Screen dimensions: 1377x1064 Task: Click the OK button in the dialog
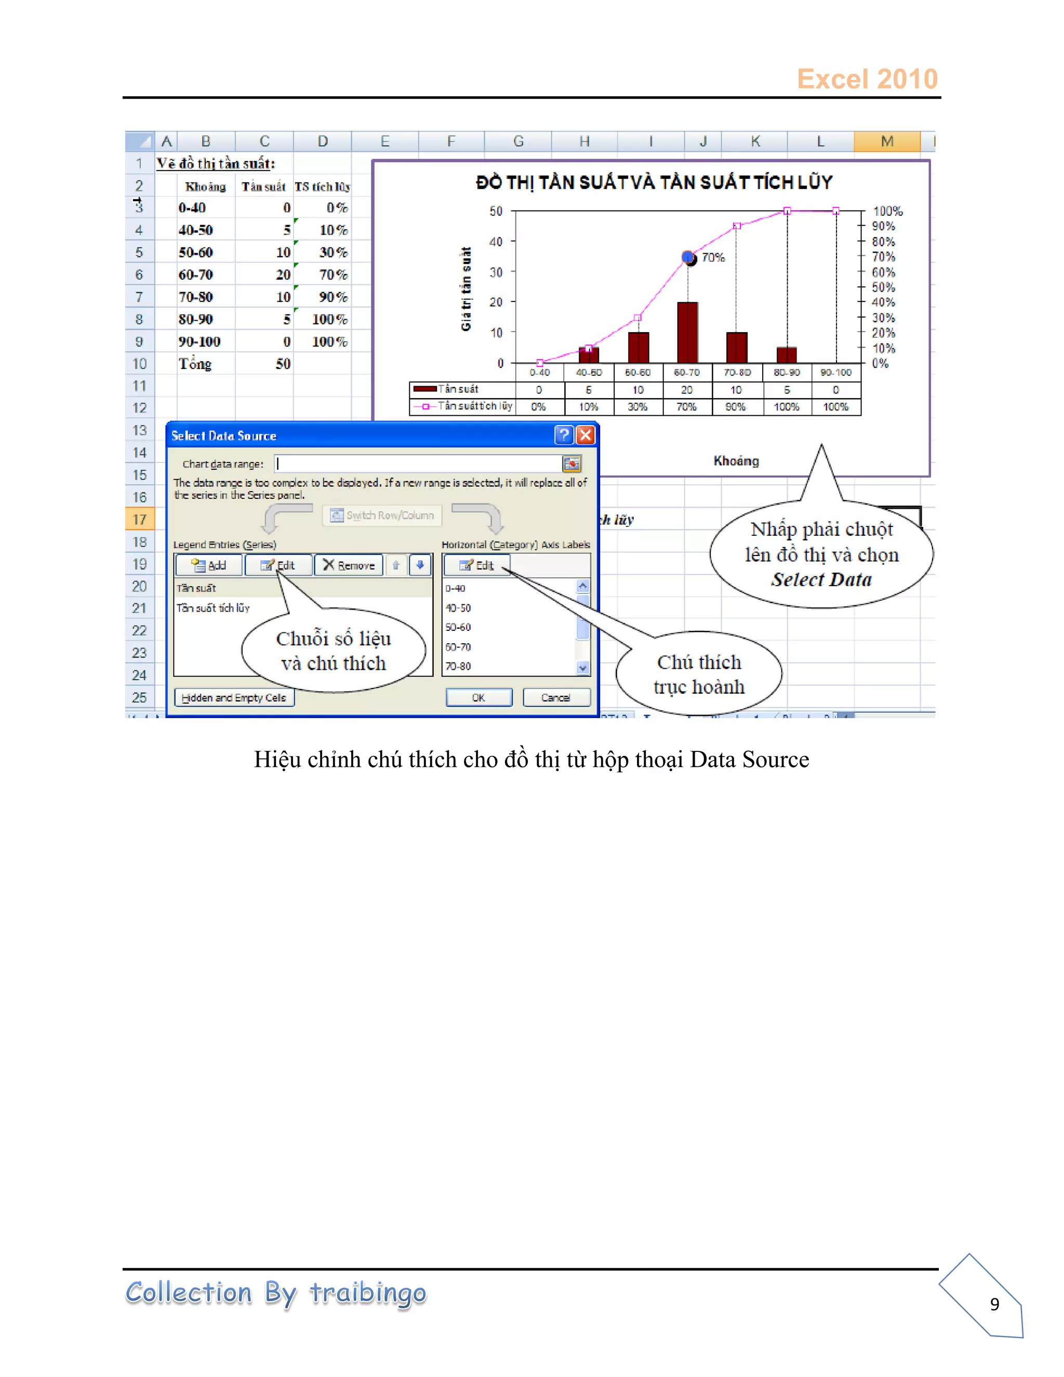[478, 697]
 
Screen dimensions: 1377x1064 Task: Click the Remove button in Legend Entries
[349, 565]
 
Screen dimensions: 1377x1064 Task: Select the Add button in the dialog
[209, 565]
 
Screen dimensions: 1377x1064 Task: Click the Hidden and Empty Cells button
[234, 697]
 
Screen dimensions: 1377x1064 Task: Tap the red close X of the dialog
[586, 435]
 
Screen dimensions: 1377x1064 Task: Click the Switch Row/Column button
[382, 515]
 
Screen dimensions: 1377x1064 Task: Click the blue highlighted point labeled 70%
[688, 257]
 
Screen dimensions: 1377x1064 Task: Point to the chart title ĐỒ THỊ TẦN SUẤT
[654, 182]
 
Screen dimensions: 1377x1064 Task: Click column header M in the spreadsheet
[886, 141]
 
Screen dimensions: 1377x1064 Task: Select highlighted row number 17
[139, 520]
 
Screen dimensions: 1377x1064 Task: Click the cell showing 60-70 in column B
[195, 274]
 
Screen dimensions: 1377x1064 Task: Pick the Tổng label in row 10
[195, 364]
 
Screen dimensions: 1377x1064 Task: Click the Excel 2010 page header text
[867, 79]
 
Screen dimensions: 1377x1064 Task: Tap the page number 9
[994, 1303]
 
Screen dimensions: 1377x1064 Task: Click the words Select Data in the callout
[821, 579]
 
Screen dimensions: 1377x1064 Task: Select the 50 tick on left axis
[496, 211]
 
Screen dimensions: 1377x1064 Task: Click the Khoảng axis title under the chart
[736, 461]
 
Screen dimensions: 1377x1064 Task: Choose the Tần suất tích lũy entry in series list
[213, 608]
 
